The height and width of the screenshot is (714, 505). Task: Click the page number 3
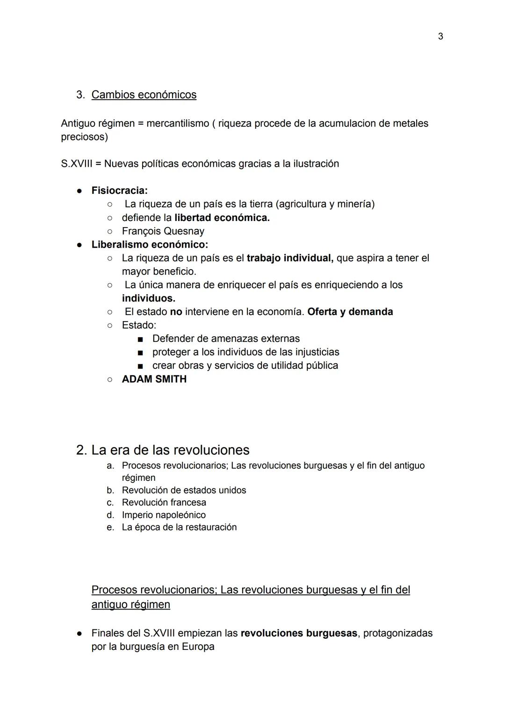[x=440, y=37]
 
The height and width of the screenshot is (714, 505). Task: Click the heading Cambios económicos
[x=144, y=95]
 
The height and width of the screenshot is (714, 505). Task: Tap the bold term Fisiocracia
[x=119, y=191]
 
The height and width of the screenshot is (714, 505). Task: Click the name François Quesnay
[x=163, y=231]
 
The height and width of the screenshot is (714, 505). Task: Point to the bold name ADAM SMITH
[x=154, y=379]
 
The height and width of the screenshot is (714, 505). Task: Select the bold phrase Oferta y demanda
[x=350, y=312]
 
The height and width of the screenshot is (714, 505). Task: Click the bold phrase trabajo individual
[x=290, y=258]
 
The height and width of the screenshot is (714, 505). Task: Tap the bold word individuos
[x=148, y=298]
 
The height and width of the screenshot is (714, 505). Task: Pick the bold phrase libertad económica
[x=222, y=218]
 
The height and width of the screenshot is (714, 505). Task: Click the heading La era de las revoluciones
[x=170, y=450]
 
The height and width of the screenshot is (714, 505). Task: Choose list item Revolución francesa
[x=164, y=502]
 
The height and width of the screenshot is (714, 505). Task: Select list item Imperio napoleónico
[x=164, y=515]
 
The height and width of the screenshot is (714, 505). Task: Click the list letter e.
[x=110, y=527]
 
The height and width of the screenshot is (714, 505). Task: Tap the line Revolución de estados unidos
[x=184, y=490]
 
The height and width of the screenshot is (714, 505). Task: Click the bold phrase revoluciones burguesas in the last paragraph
[x=299, y=633]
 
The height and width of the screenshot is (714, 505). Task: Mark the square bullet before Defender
[x=140, y=339]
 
